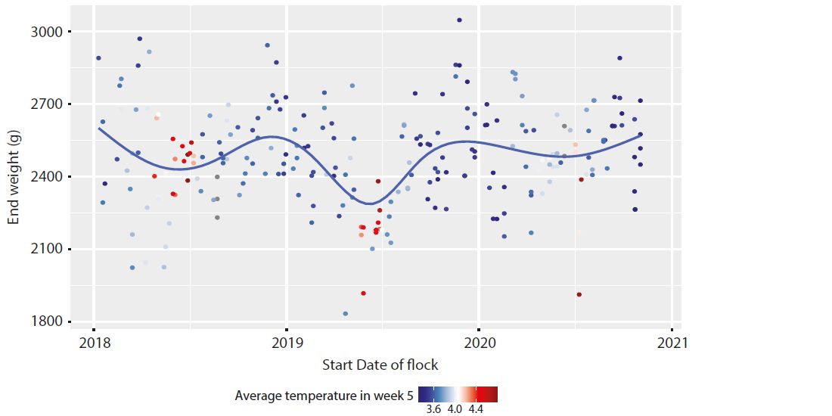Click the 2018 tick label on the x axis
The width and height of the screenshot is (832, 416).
click(x=93, y=343)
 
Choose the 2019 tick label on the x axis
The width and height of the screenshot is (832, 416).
click(x=286, y=343)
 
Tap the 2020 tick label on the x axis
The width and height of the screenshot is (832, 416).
click(x=479, y=343)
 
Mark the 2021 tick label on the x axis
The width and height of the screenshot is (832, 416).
click(x=672, y=343)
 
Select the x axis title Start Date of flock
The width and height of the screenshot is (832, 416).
click(x=380, y=365)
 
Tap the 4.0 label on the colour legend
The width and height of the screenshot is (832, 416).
click(x=455, y=409)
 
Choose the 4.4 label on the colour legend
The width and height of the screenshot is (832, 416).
click(x=477, y=409)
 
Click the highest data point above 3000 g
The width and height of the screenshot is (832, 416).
click(x=459, y=20)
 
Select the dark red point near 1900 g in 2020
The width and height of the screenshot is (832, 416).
click(x=579, y=294)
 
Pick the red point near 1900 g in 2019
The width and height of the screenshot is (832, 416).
click(x=364, y=293)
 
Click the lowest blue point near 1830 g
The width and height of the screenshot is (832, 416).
click(x=346, y=314)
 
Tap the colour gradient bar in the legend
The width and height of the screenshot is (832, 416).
click(x=458, y=394)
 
